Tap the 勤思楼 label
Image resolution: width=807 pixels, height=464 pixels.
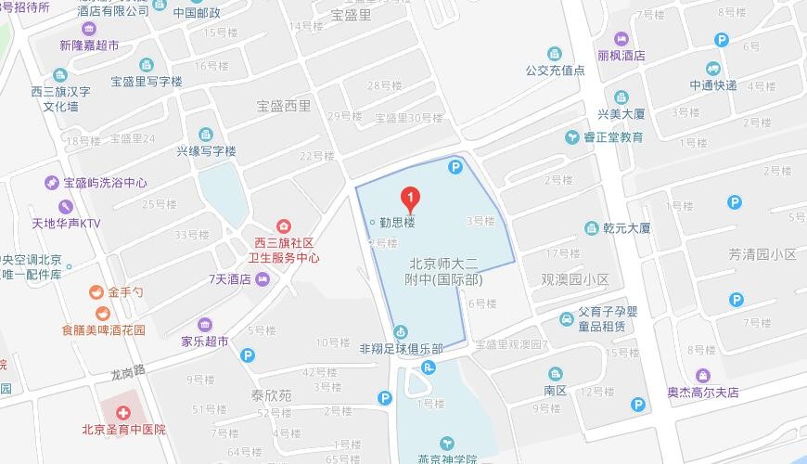[396, 223]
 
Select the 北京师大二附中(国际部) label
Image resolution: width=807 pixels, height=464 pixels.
[450, 271]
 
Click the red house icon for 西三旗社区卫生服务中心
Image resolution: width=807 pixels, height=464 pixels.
[283, 226]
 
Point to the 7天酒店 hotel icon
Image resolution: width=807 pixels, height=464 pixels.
[263, 279]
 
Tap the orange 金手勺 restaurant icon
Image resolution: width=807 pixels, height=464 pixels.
[96, 291]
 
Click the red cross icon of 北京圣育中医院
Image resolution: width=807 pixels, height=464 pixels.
[122, 410]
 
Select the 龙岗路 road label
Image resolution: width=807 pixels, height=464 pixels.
[129, 374]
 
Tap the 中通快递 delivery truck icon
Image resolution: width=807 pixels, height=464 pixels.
[712, 69]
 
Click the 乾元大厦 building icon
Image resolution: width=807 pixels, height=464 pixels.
[591, 228]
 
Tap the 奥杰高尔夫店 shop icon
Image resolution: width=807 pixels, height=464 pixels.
[703, 376]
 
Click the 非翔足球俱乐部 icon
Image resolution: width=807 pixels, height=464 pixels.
[401, 330]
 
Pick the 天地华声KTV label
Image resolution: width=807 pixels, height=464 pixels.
[66, 224]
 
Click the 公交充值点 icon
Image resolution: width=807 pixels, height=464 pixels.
[555, 53]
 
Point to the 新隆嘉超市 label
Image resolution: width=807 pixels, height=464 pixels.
[89, 45]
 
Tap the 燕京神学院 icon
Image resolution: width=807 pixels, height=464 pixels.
[446, 443]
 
